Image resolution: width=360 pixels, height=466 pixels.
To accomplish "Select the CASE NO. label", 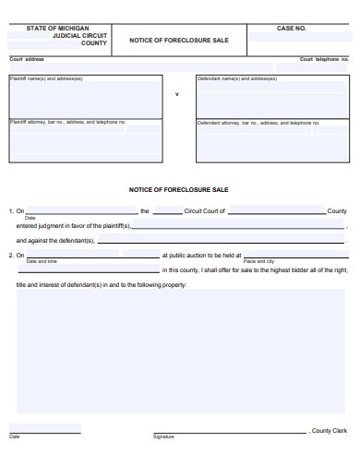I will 292,28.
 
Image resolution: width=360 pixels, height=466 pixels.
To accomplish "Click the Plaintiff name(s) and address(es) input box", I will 86,99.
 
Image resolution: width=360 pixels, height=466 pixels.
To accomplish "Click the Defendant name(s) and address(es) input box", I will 272,99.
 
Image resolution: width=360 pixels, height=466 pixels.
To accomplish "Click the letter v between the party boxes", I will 177,94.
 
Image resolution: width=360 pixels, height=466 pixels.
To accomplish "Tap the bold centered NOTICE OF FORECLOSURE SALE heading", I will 179,189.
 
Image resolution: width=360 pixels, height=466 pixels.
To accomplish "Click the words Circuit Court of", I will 204,211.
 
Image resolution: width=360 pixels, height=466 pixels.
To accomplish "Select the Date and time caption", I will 42,262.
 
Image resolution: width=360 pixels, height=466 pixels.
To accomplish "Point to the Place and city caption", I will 258,262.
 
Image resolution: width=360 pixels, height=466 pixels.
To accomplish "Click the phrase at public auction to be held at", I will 201,256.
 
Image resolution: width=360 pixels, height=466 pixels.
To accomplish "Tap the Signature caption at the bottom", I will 163,436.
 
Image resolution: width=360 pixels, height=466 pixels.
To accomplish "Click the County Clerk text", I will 329,431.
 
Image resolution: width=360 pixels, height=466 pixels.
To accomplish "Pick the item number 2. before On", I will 11,256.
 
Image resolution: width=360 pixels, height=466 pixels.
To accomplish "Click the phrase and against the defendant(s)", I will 55,240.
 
